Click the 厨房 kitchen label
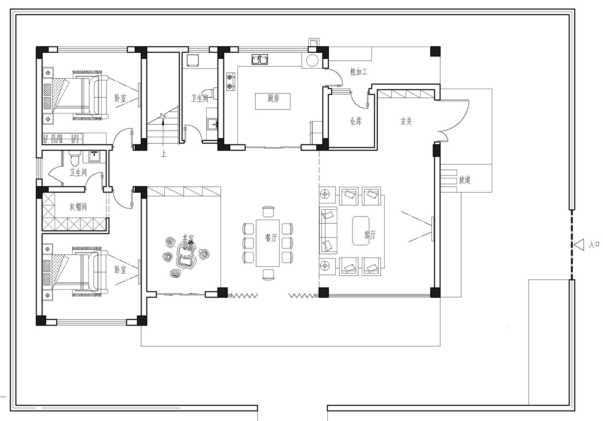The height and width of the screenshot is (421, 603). tap(273, 98)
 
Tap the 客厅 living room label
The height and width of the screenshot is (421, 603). tap(370, 235)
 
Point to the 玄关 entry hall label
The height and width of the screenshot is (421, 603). tap(406, 121)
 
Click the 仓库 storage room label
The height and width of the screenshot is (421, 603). tap(355, 121)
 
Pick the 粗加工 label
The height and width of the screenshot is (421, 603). tap(359, 72)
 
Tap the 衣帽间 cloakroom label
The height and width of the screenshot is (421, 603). tap(78, 207)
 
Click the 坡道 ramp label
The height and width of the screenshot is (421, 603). tap(464, 180)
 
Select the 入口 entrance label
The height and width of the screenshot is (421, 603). tap(594, 244)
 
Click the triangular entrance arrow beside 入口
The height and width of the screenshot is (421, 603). tap(579, 245)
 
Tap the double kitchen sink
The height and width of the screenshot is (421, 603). tap(260, 60)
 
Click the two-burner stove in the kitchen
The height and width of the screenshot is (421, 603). tap(231, 82)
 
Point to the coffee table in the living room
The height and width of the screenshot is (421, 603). tap(361, 231)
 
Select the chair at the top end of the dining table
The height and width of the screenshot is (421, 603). tap(269, 211)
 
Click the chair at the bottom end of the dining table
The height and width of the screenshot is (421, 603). tap(269, 274)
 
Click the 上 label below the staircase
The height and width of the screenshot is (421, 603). tap(164, 154)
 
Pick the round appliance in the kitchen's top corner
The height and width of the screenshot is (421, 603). tap(312, 60)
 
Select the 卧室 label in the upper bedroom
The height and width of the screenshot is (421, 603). tap(120, 98)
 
